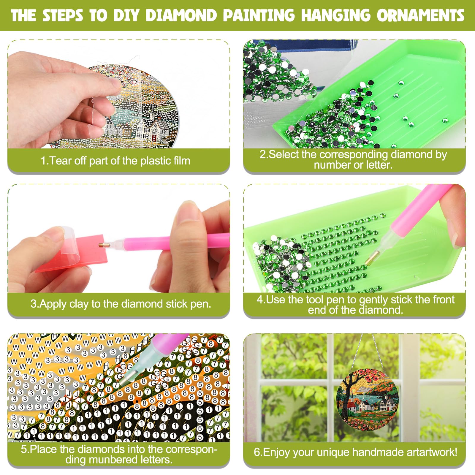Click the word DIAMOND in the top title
click(x=181, y=15)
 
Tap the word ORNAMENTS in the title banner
click(x=421, y=15)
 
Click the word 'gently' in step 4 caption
click(x=373, y=300)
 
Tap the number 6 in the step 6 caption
click(x=257, y=452)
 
